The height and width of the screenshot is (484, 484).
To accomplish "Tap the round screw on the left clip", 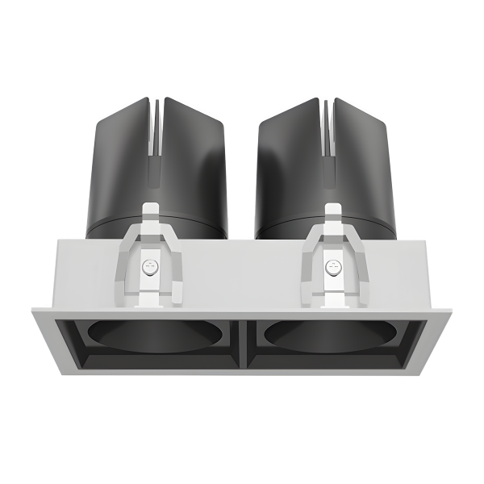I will click(148, 267).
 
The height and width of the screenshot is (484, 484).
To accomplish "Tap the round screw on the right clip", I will click(332, 267).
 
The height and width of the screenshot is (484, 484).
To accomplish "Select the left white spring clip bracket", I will click(149, 258).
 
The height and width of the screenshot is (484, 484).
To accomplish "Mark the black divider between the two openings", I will click(241, 343).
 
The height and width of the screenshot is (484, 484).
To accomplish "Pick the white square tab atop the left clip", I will click(149, 212).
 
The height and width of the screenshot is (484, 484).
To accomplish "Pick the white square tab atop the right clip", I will click(332, 212).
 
